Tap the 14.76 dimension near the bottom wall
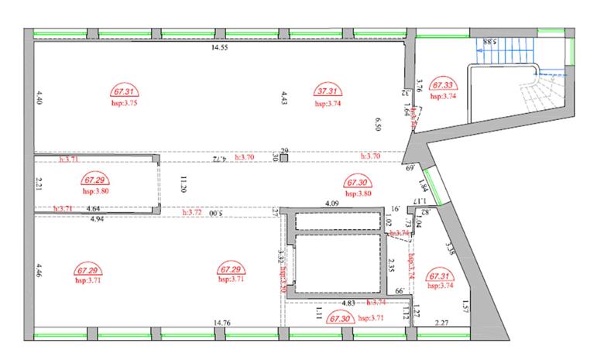click(223, 322)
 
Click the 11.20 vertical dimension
click(184, 183)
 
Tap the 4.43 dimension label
click(284, 98)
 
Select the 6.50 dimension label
click(379, 124)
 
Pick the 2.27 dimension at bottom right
click(442, 323)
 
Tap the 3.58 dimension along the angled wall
click(450, 249)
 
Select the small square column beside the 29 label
click(284, 158)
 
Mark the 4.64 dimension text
click(92, 209)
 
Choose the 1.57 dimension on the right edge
click(465, 305)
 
